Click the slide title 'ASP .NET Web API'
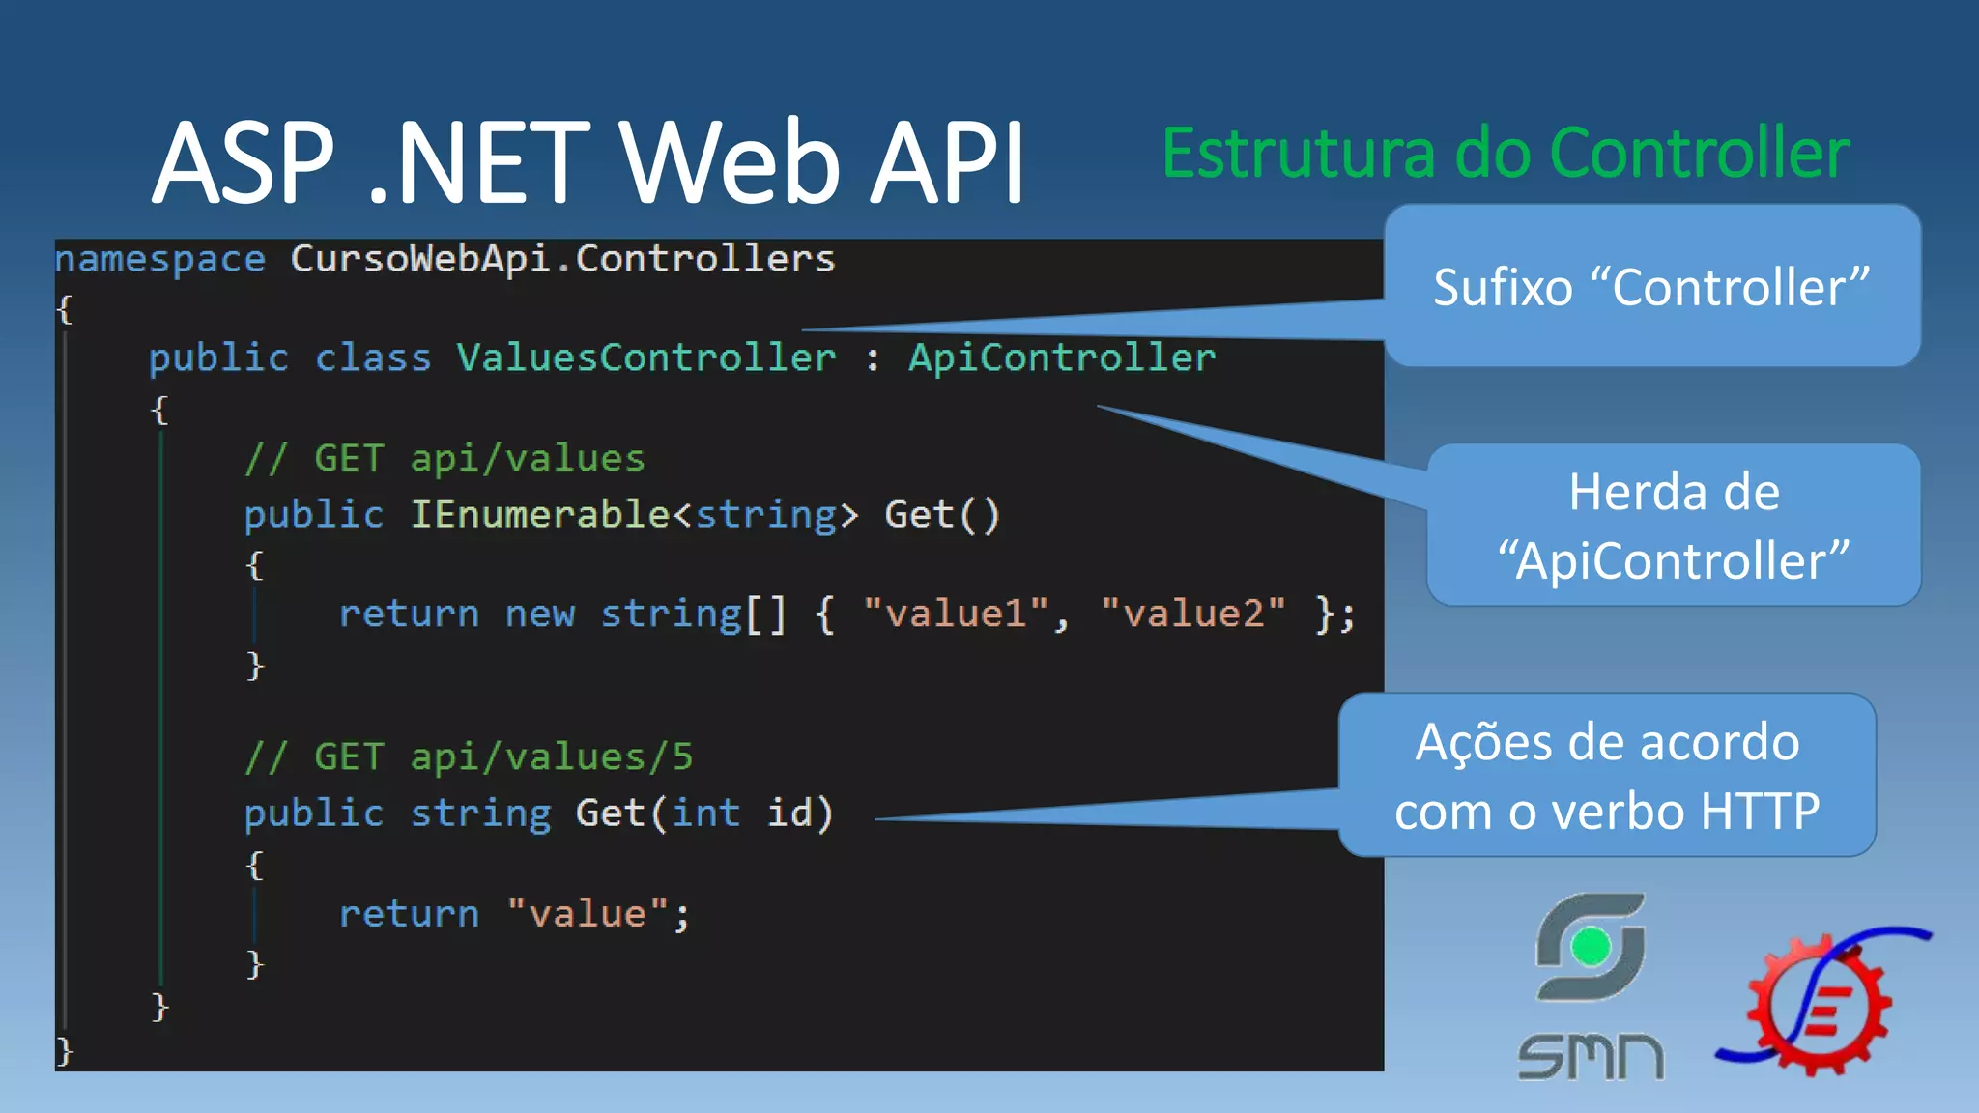coord(588,162)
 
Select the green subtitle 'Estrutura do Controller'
coord(1506,155)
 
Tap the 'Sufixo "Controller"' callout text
coord(1650,288)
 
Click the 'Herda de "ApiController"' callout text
coord(1674,526)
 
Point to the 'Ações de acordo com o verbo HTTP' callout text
coord(1607,776)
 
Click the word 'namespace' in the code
coord(160,259)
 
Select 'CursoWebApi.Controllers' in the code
coord(562,259)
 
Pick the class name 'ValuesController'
coord(645,358)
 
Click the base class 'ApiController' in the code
coord(1061,358)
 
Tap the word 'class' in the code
coord(373,358)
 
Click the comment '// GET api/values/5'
coord(469,757)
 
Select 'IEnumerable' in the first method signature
coord(539,515)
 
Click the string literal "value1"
coord(956,614)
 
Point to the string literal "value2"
coord(1193,614)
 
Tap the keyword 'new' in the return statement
coord(539,614)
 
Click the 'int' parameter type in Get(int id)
coord(705,813)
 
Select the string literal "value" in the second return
coord(588,914)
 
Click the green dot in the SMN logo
coord(1591,947)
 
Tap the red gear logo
coord(1817,1005)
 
